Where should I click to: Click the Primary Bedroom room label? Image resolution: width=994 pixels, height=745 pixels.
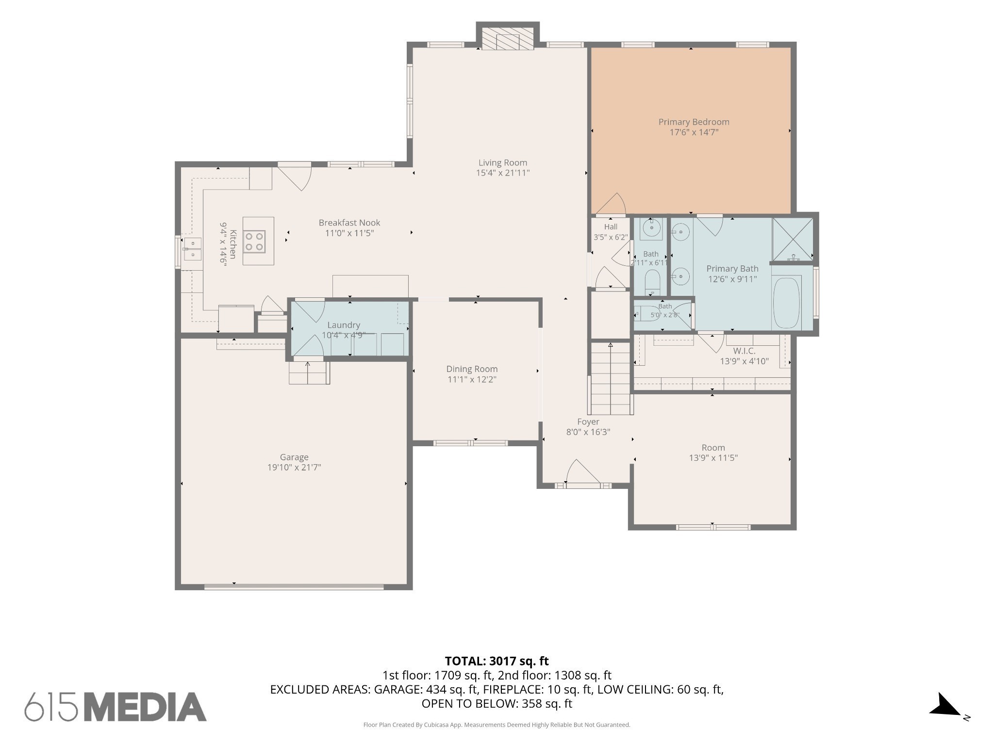[694, 122]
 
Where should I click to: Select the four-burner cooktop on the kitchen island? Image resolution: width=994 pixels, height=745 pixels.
[254, 242]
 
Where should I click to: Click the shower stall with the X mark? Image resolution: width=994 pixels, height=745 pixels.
[793, 240]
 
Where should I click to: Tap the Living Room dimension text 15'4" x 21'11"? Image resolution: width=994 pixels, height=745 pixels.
[502, 173]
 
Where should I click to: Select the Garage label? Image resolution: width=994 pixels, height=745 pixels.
[294, 457]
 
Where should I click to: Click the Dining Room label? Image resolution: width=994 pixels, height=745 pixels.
[472, 369]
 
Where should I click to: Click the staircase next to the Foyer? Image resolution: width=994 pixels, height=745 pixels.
[611, 378]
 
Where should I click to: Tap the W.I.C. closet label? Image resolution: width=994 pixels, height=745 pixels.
[744, 351]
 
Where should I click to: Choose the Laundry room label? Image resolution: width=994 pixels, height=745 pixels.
[344, 325]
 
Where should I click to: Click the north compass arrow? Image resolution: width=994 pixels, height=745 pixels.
[944, 705]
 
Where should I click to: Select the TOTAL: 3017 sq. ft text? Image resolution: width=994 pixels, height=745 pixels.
[497, 661]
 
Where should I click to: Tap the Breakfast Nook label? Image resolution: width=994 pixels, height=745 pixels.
[349, 223]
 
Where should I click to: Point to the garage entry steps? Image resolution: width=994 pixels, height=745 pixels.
[309, 372]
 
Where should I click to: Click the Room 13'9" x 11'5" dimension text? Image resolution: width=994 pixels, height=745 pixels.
[713, 457]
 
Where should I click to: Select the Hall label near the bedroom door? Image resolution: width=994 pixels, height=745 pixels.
[611, 227]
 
